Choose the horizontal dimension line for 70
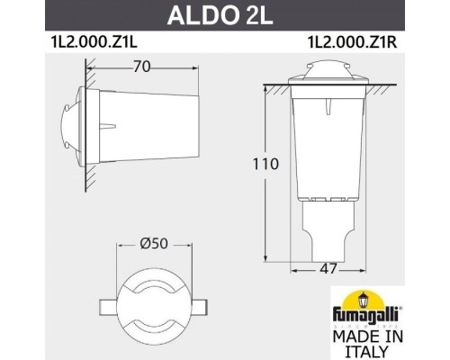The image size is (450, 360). click(135, 76)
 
